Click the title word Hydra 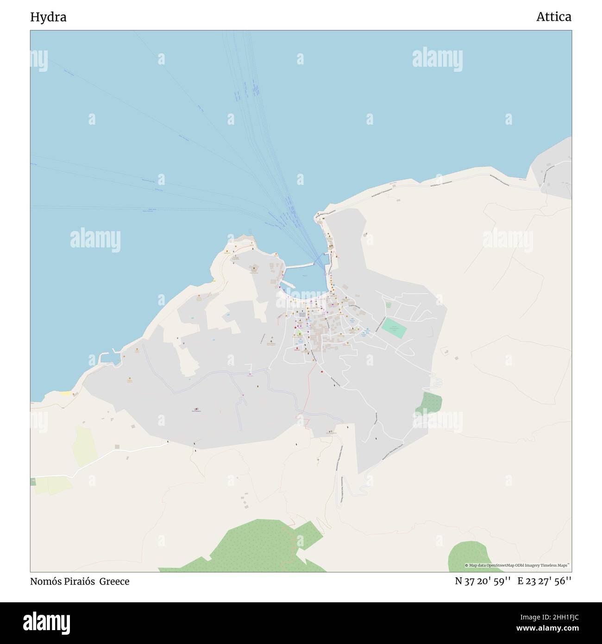48,17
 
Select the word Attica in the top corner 553,17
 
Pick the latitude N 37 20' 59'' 483,581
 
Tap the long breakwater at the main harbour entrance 300,265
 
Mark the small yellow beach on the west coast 66,394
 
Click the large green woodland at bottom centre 259,547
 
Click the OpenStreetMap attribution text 518,565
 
